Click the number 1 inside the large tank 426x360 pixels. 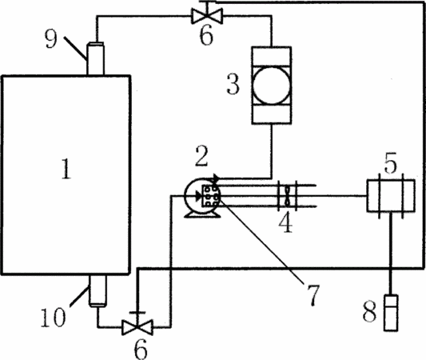tap(66, 169)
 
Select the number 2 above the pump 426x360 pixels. tap(201, 155)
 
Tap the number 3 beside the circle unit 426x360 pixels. tap(233, 85)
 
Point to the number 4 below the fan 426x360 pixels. tap(286, 222)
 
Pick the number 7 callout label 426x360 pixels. tap(313, 295)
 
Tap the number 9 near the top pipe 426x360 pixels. tap(51, 39)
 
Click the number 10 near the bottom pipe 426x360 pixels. tap(53, 318)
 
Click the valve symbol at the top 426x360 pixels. tap(207, 16)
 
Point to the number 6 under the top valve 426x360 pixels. tap(206, 35)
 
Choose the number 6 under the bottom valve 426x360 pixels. tap(141, 350)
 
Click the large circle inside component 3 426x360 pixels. tap(271, 85)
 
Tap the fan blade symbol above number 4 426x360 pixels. tap(288, 195)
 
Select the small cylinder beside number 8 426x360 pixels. tap(391, 313)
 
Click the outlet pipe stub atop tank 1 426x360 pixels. tap(95, 58)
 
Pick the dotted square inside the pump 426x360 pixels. tap(210, 196)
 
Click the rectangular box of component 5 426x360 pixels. tap(391, 195)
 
